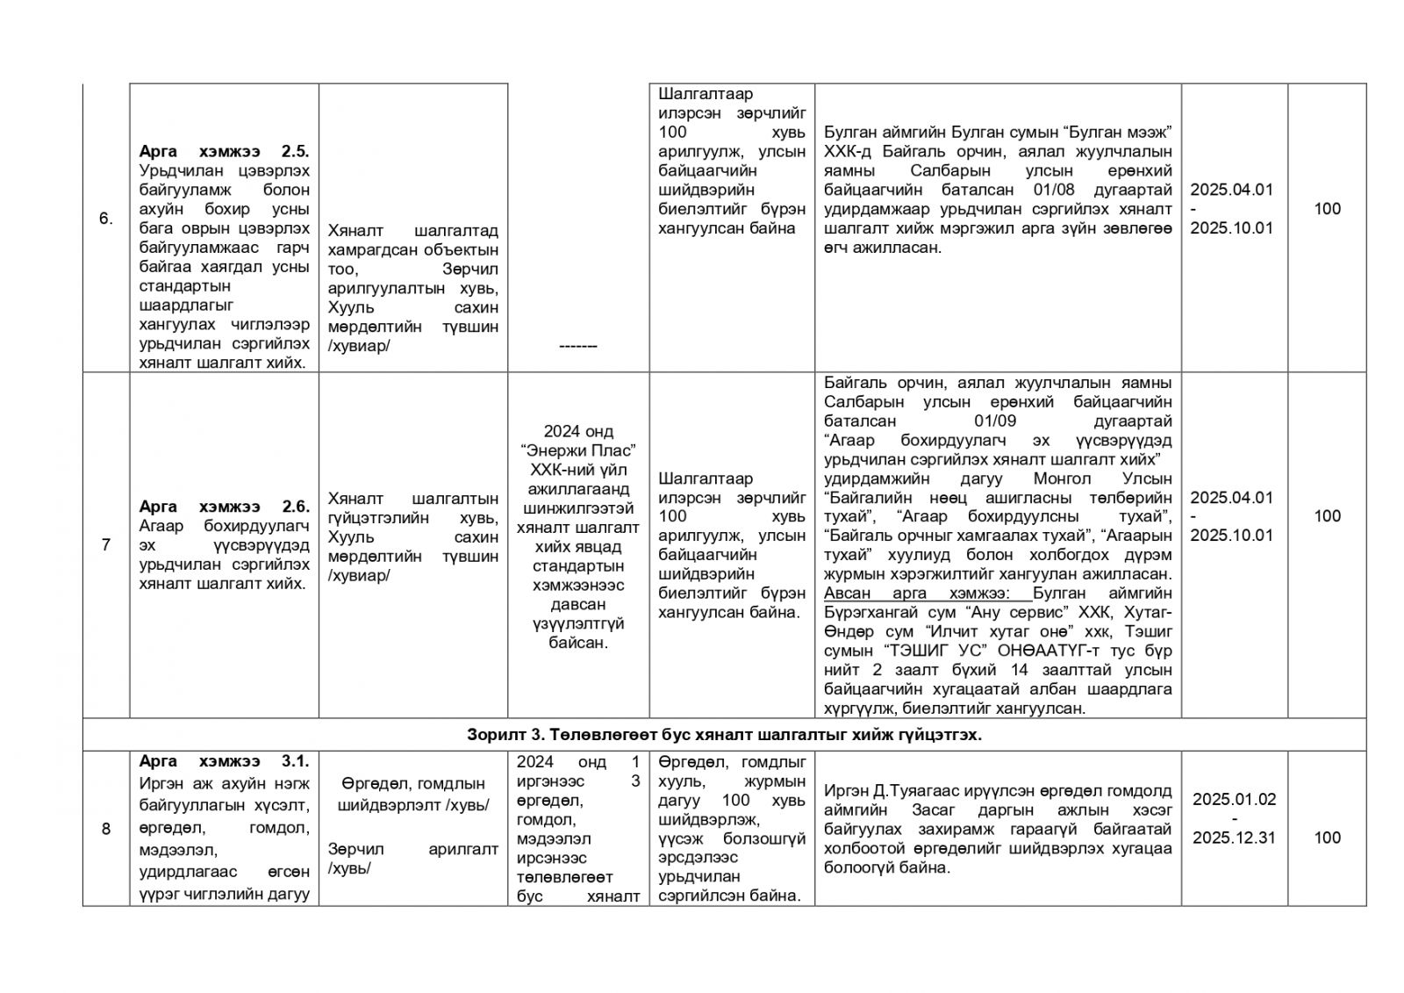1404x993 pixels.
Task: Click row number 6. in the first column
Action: coord(105,219)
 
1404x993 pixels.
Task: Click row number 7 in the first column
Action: coord(106,545)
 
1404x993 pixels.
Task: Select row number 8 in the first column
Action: coord(106,829)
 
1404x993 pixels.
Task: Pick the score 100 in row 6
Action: coord(1327,209)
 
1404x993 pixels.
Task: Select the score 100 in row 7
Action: coord(1327,516)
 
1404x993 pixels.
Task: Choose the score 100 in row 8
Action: coord(1327,838)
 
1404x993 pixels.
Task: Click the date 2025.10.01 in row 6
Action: coord(1231,228)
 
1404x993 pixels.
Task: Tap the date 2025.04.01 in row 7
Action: coord(1231,498)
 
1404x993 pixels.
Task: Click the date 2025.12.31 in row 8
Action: coord(1234,838)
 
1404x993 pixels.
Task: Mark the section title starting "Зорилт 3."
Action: coord(724,736)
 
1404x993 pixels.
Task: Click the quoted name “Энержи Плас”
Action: coord(578,450)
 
